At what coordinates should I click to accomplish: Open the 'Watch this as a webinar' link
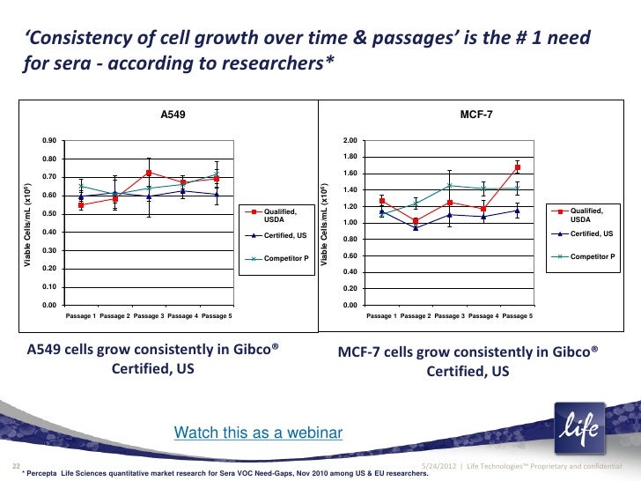pos(258,433)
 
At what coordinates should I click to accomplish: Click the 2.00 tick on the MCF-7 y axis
pos(350,141)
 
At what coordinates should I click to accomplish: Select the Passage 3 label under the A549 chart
pos(150,315)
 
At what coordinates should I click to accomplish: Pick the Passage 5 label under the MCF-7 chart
pos(517,315)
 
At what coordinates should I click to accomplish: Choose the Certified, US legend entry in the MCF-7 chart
pos(592,233)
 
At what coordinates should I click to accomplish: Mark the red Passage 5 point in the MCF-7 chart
pos(518,167)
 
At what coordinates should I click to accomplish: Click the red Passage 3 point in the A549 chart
pos(150,173)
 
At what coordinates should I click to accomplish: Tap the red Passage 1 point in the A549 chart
pos(81,204)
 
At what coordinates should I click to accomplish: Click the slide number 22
pos(15,465)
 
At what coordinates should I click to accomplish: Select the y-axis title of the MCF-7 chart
pos(326,225)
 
